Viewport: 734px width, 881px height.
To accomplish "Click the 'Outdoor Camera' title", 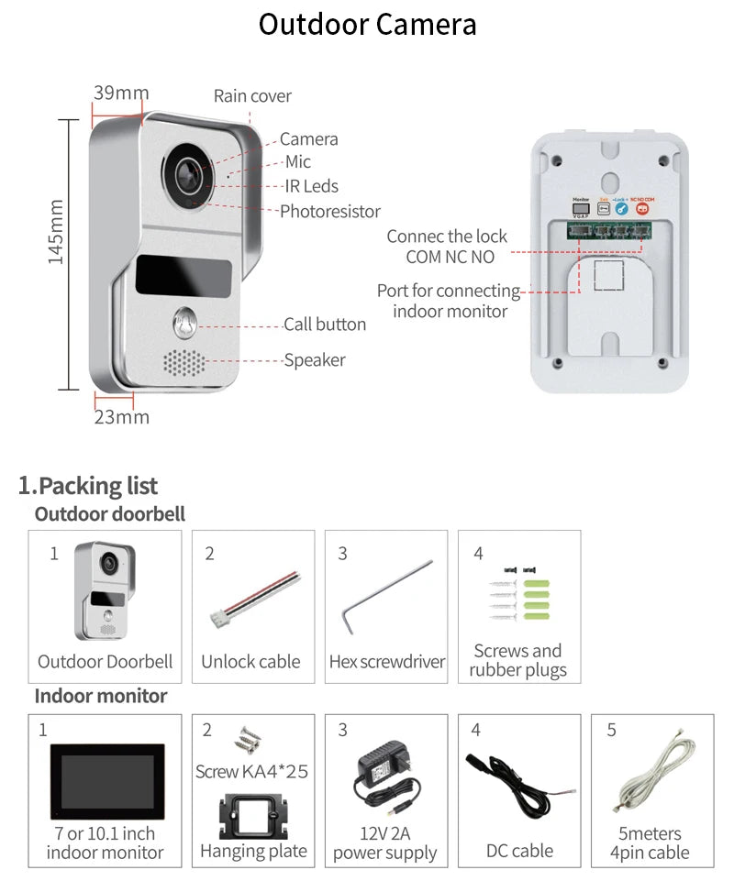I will pyautogui.click(x=367, y=25).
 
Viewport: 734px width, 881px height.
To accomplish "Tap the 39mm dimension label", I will pyautogui.click(x=120, y=93).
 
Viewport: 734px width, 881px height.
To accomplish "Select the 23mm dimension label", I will pyautogui.click(x=121, y=417).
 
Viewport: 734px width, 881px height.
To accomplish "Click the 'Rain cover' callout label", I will pyautogui.click(x=252, y=95).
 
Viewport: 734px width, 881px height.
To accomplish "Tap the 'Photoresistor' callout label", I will pyautogui.click(x=329, y=211).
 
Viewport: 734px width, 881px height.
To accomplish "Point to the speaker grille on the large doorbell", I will pyautogui.click(x=184, y=361).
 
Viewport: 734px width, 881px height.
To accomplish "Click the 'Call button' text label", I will pyautogui.click(x=324, y=325).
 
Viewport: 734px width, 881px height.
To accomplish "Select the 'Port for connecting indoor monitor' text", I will pyautogui.click(x=449, y=301).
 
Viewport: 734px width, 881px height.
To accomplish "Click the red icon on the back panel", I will pyautogui.click(x=642, y=208).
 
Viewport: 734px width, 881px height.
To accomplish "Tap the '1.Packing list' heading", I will pyautogui.click(x=88, y=486).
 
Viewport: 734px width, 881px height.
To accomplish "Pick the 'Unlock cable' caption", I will pyautogui.click(x=250, y=661).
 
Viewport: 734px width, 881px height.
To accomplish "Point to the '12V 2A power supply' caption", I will pyautogui.click(x=384, y=843).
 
